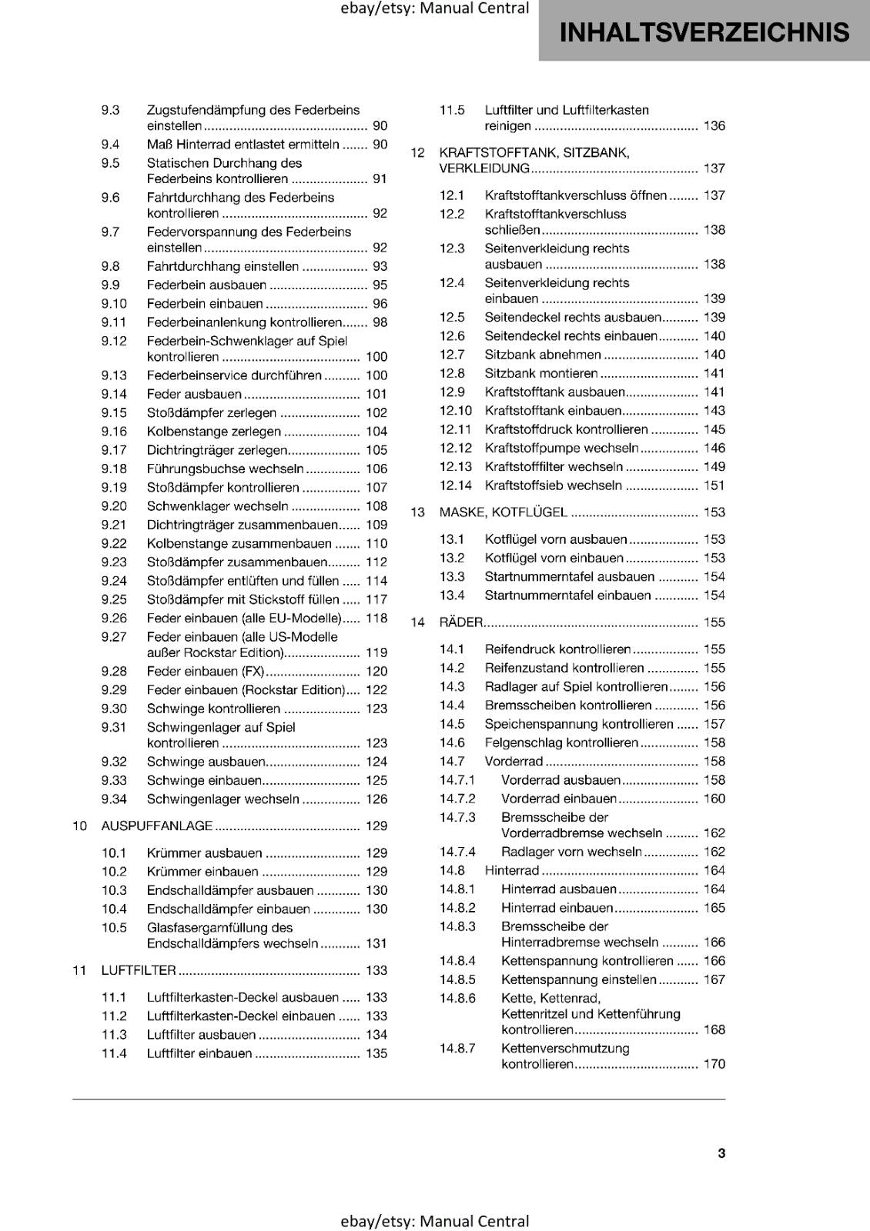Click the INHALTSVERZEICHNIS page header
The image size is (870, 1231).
(x=704, y=32)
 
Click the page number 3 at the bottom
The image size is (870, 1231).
(x=721, y=1153)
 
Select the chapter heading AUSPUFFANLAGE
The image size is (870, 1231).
(x=157, y=826)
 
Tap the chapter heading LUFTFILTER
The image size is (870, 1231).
(x=139, y=970)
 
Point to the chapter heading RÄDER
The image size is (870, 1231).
(x=460, y=622)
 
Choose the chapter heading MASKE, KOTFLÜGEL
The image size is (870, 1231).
(x=503, y=512)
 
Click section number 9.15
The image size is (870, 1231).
(x=114, y=413)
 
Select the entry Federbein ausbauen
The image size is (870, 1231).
(x=206, y=285)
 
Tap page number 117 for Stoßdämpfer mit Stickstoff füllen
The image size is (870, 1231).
(x=376, y=599)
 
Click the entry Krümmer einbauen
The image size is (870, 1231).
(x=202, y=872)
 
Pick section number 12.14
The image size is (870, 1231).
(x=456, y=485)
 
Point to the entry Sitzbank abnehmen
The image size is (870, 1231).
(x=543, y=355)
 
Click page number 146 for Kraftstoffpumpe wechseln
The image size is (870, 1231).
(x=714, y=448)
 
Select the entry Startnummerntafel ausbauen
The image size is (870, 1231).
(x=569, y=577)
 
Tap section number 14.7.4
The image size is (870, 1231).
(x=457, y=852)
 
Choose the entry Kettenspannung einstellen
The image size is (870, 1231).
(x=578, y=979)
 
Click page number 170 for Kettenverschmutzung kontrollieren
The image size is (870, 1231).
(x=714, y=1064)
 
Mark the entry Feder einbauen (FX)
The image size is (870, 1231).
(x=205, y=672)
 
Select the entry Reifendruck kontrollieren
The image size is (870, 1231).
(x=557, y=649)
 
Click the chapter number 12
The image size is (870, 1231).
(x=418, y=152)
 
